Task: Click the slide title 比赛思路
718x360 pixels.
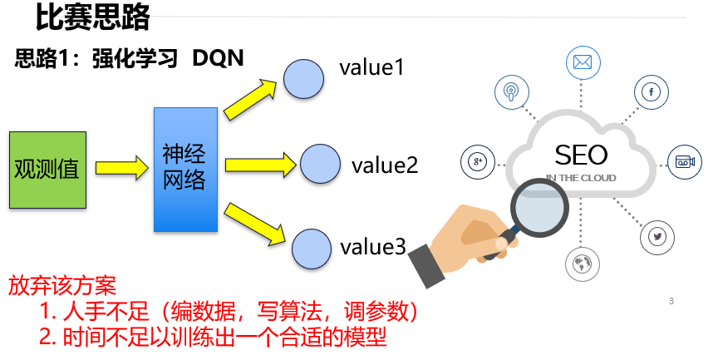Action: pyautogui.click(x=93, y=16)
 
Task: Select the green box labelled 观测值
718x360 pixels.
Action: pyautogui.click(x=47, y=169)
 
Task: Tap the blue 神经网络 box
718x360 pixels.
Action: pyautogui.click(x=184, y=169)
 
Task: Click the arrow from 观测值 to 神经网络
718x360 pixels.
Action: pyautogui.click(x=120, y=169)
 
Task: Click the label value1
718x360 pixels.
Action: pyautogui.click(x=371, y=67)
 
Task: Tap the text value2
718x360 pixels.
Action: pyautogui.click(x=384, y=165)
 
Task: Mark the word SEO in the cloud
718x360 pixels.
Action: pyautogui.click(x=581, y=155)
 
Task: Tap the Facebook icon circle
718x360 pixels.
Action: pyautogui.click(x=652, y=91)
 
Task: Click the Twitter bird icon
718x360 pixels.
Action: pyautogui.click(x=657, y=237)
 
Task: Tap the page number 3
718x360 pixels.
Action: pyautogui.click(x=671, y=301)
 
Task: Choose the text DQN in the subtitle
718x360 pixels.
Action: pyautogui.click(x=218, y=59)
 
